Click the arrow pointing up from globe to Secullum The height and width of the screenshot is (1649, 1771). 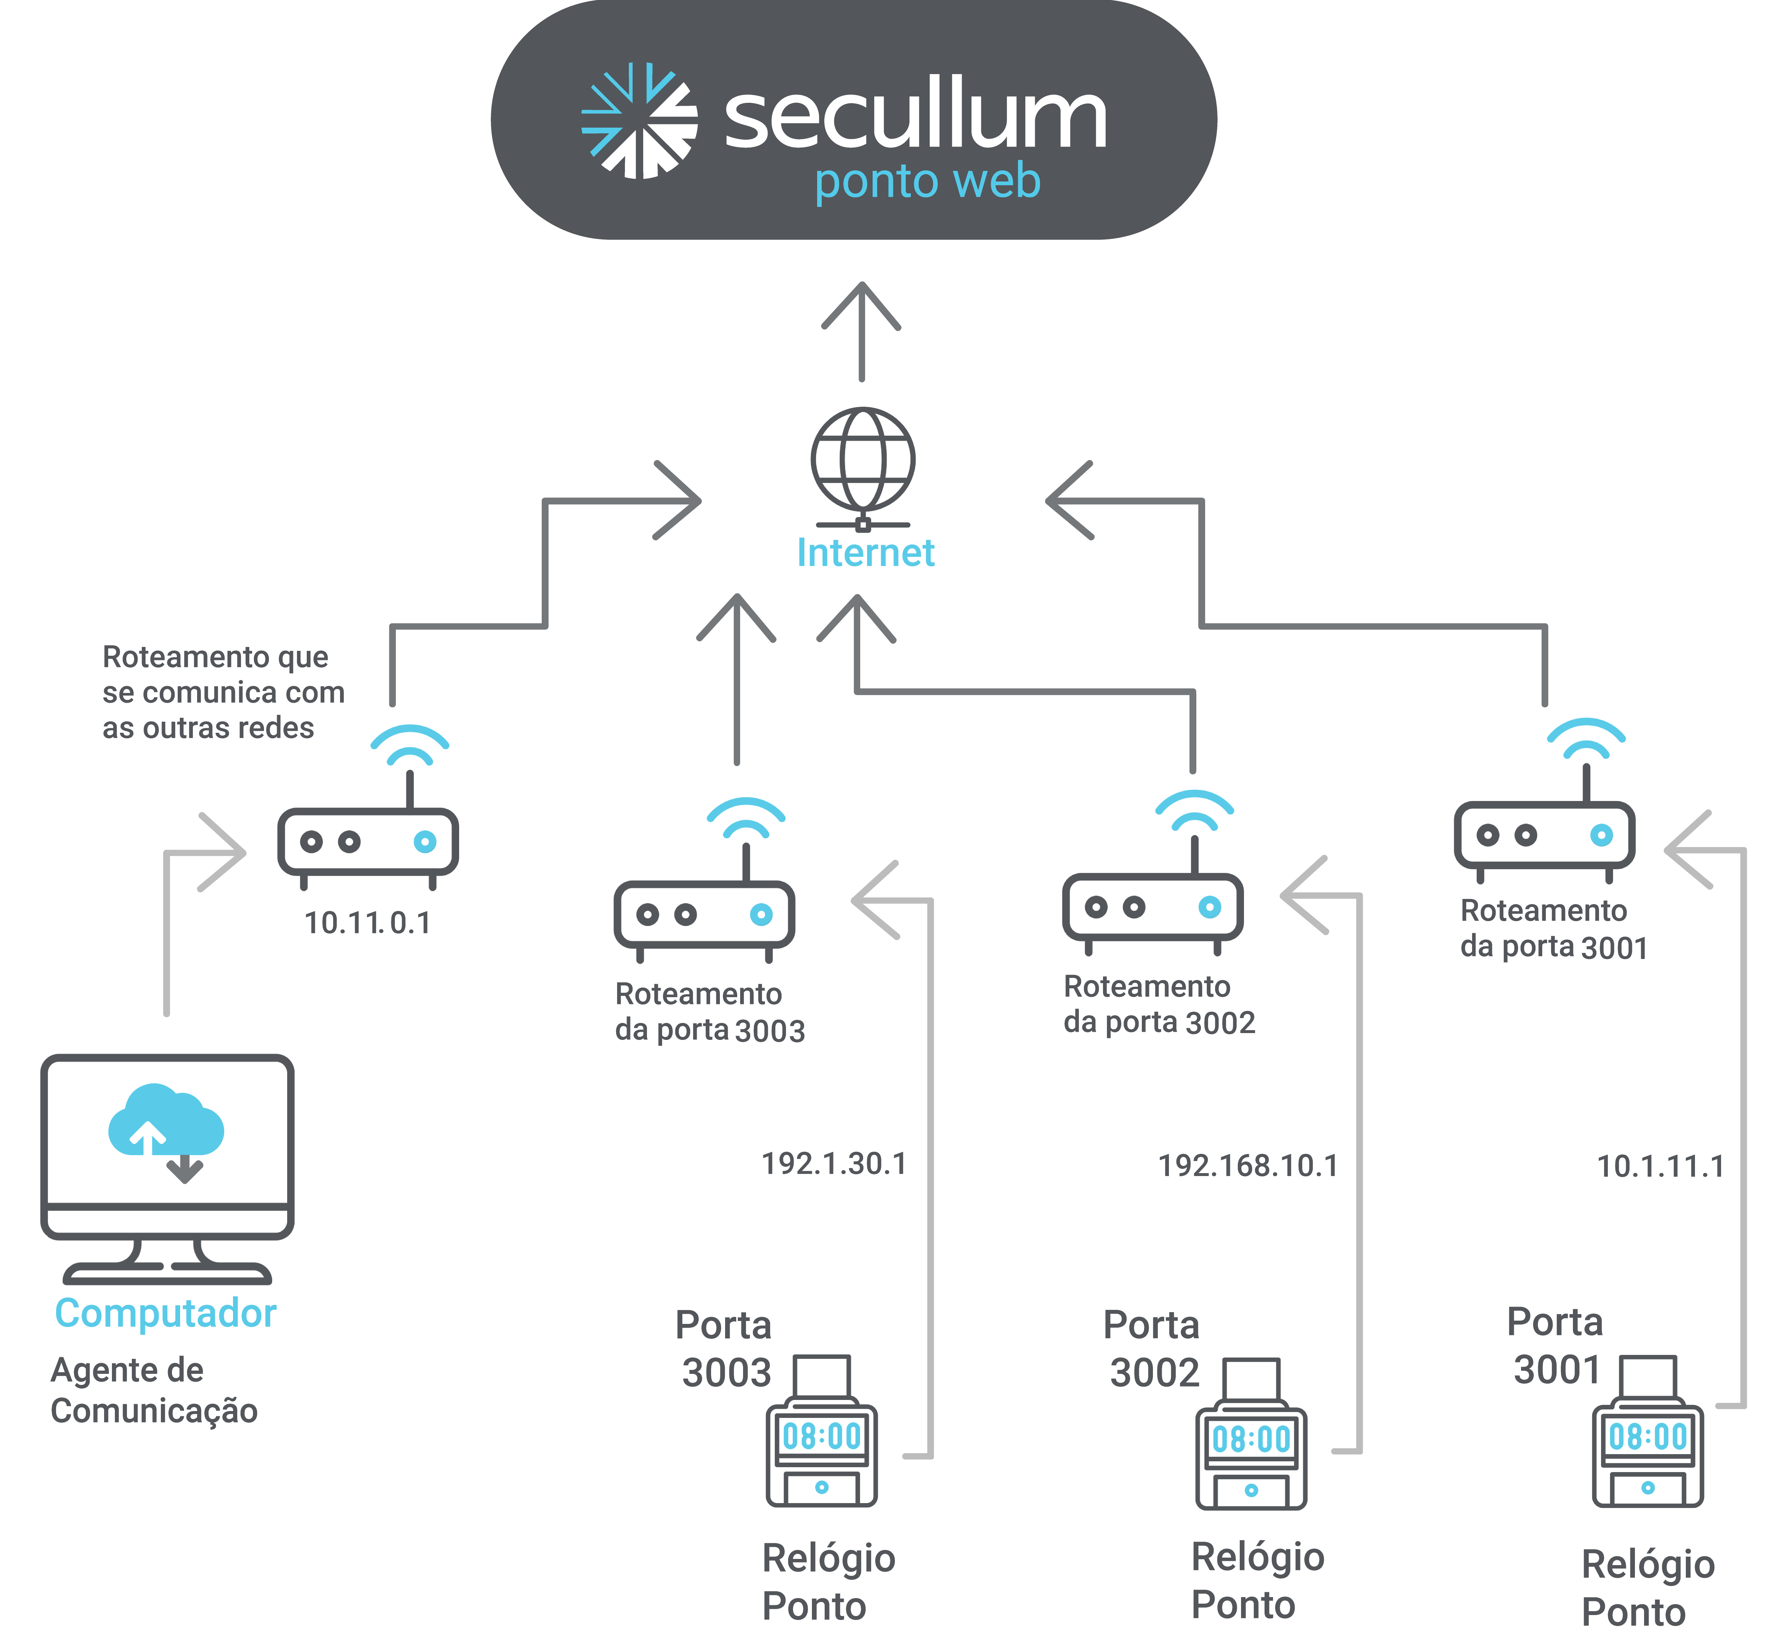pos(862,330)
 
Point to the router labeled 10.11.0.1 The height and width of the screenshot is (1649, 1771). pos(368,842)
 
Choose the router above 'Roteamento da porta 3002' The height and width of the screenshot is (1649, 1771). pos(1153,907)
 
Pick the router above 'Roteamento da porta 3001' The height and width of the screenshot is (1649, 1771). pos(1545,835)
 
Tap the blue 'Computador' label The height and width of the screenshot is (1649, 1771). pos(166,1313)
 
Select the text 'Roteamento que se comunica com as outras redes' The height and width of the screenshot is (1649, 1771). pos(223,692)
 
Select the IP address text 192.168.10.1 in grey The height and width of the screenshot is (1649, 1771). pos(1247,1165)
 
